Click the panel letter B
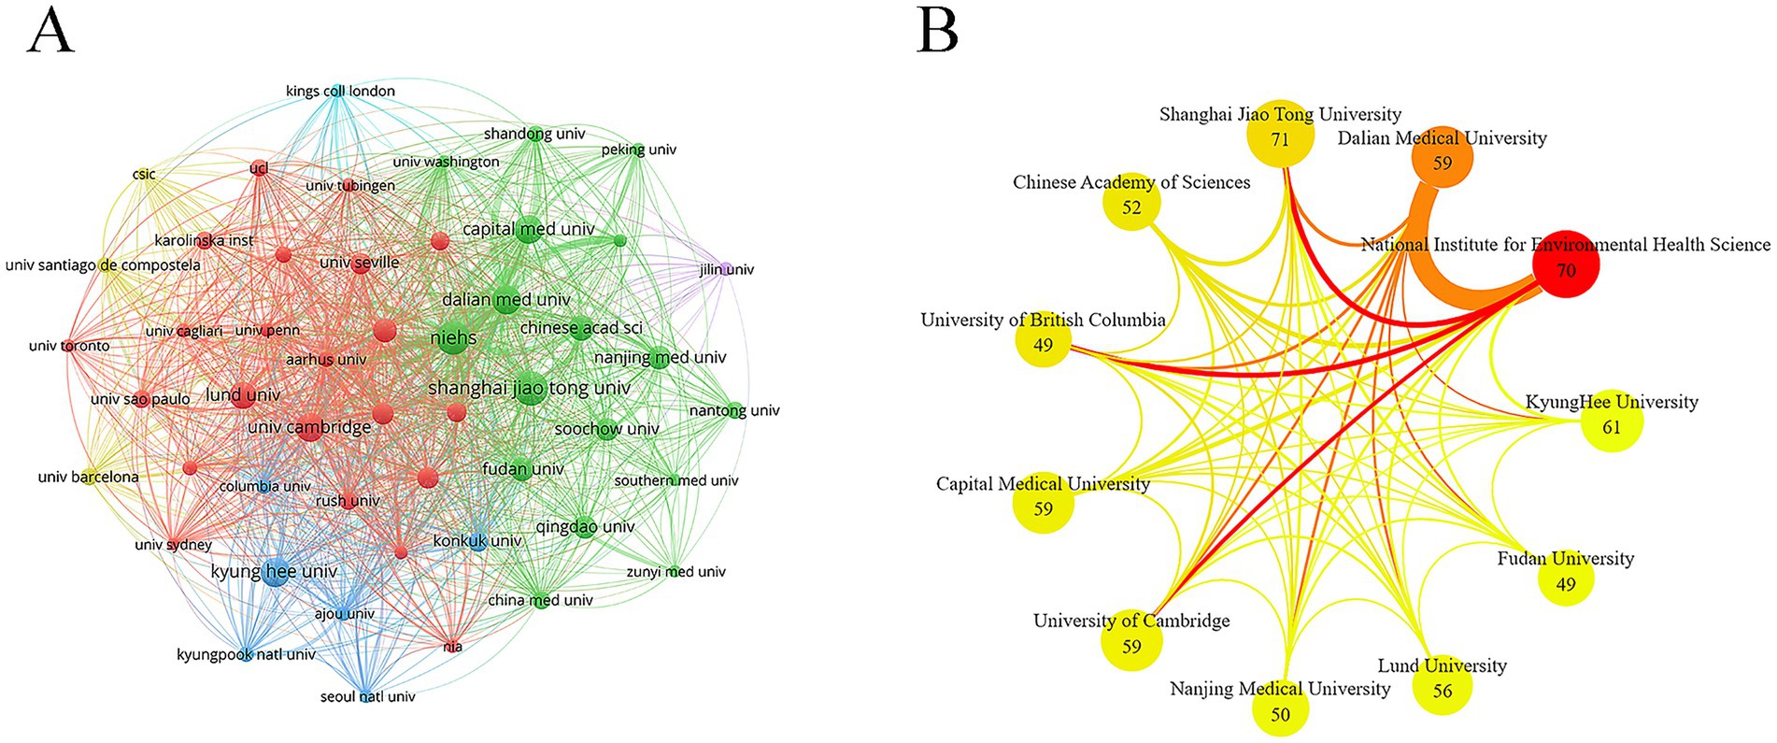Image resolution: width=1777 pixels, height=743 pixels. [x=937, y=32]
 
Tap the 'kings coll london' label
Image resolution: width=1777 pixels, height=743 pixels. [x=340, y=91]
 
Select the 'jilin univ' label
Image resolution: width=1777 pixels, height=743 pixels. [x=727, y=269]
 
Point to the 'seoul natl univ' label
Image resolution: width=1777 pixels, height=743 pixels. [x=367, y=696]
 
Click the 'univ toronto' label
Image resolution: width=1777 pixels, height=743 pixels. [x=69, y=346]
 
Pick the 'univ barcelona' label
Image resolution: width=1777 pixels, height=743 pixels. [x=88, y=477]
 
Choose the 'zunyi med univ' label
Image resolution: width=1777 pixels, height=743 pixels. [x=675, y=571]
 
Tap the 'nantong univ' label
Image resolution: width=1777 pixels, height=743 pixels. [x=734, y=410]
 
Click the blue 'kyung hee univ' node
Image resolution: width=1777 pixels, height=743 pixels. [x=275, y=573]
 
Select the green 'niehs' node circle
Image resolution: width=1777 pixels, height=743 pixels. [x=454, y=337]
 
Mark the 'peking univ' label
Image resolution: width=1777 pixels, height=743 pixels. [x=639, y=150]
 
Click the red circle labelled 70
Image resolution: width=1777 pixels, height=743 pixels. [x=1566, y=264]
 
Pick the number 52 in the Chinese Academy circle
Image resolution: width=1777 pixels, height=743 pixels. [x=1131, y=207]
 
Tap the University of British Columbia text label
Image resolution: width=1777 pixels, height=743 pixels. [x=1043, y=320]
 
